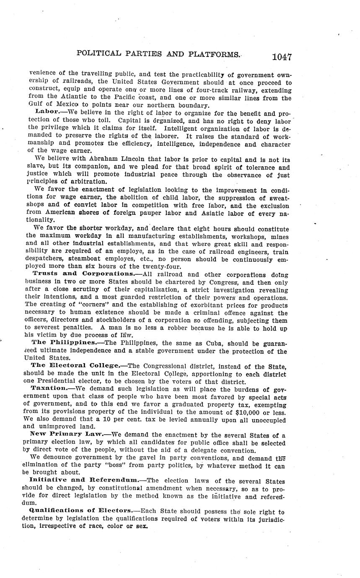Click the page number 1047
coord(281,57)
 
